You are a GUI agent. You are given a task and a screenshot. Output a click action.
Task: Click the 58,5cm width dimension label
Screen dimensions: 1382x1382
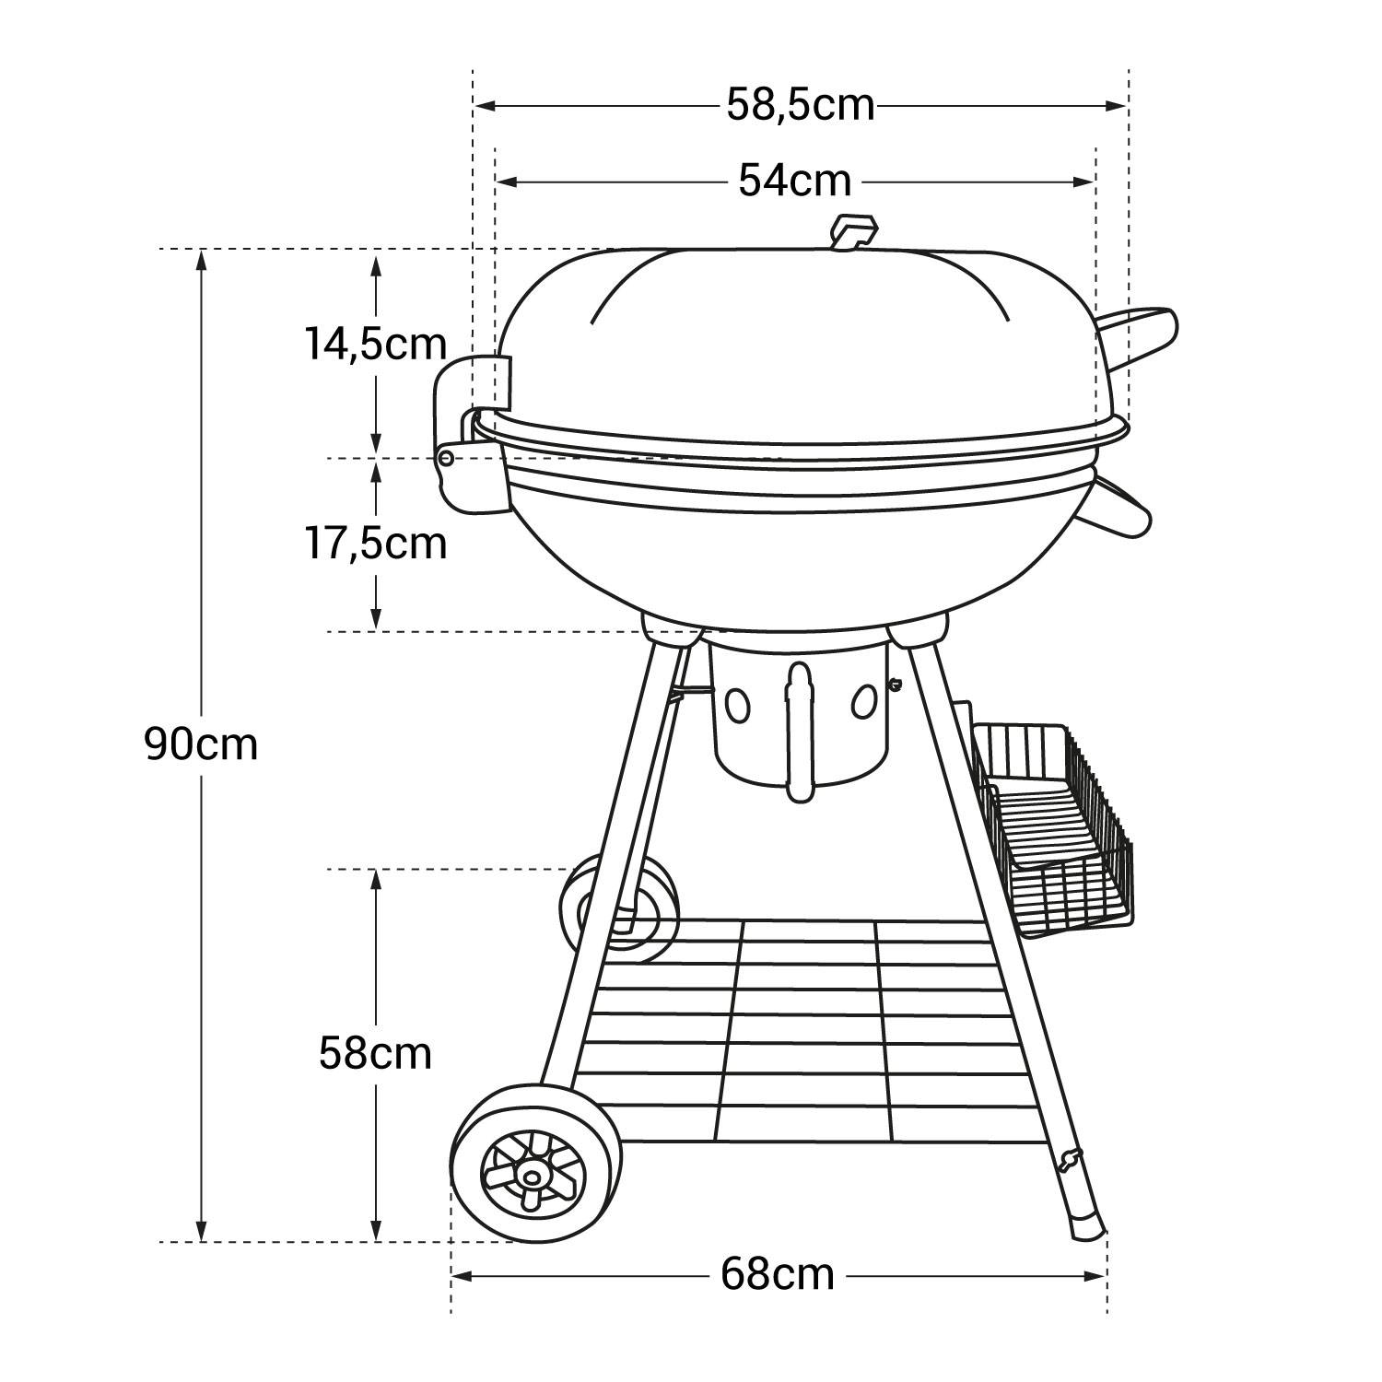click(x=800, y=105)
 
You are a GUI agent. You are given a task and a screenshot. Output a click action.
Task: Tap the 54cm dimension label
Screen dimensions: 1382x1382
click(x=794, y=181)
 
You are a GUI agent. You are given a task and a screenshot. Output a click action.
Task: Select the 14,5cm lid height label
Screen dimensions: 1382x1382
click(x=376, y=345)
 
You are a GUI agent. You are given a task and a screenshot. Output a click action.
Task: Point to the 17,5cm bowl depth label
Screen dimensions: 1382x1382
click(x=376, y=544)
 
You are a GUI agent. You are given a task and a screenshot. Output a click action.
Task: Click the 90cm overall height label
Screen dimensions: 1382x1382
click(x=201, y=744)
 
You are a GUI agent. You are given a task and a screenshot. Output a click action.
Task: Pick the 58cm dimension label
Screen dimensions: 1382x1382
click(x=375, y=1053)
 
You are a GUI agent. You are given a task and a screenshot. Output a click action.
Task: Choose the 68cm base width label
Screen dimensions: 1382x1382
click(x=778, y=1275)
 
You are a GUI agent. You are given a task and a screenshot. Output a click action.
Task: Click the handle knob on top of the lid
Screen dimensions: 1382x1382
click(x=853, y=231)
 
